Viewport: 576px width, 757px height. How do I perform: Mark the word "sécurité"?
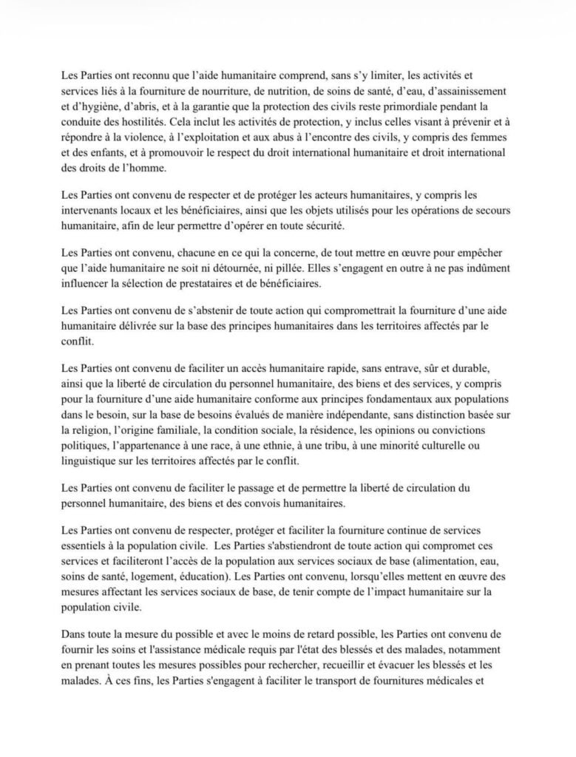tap(337, 225)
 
